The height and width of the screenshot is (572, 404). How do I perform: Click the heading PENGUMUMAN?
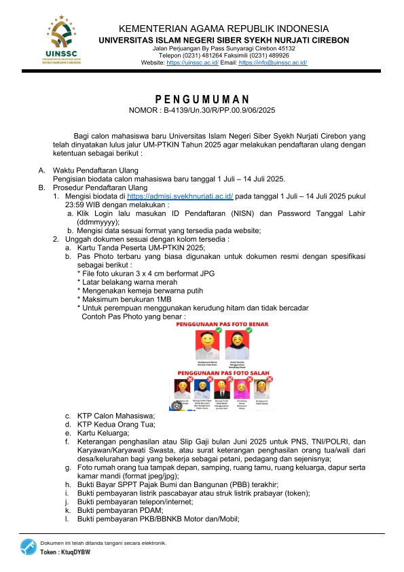click(x=202, y=99)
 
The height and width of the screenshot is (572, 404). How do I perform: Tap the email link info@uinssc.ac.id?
click(x=273, y=62)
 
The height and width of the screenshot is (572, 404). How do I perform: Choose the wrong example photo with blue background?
click(x=201, y=389)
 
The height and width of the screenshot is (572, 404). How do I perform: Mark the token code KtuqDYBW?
click(x=75, y=552)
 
